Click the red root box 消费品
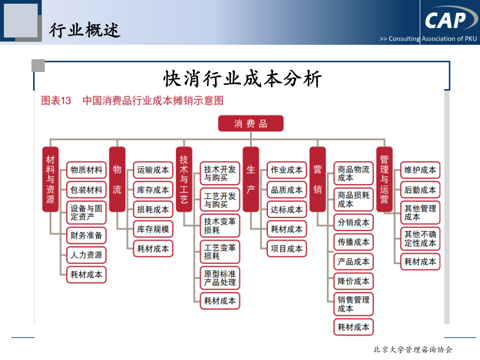251,123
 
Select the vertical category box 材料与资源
51,179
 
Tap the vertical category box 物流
117,179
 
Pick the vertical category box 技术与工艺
184,179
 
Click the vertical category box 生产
251,179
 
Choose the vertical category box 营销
317,179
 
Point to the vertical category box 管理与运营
384,179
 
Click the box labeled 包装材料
86,190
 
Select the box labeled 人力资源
86,255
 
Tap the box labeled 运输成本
153,170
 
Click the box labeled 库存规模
153,229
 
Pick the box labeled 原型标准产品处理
220,278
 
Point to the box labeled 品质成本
286,190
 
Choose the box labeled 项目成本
286,249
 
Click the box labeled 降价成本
354,281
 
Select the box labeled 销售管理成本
354,304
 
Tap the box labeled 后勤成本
420,190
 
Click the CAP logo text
445,20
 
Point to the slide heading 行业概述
84,30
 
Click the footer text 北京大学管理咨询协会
413,349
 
